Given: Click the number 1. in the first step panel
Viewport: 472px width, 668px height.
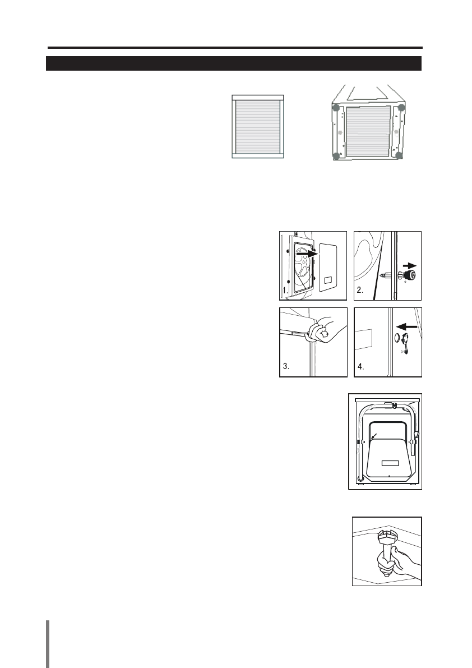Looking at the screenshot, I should pos(285,291).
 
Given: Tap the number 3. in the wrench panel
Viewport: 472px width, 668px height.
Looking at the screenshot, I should pos(286,368).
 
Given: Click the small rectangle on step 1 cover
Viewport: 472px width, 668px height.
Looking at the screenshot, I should pos(329,279).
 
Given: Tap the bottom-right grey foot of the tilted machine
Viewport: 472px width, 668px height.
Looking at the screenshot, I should pos(399,155).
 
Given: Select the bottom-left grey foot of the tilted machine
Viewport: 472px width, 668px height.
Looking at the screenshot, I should pos(335,156).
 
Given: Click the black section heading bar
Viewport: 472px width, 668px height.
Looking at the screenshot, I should pos(233,63).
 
